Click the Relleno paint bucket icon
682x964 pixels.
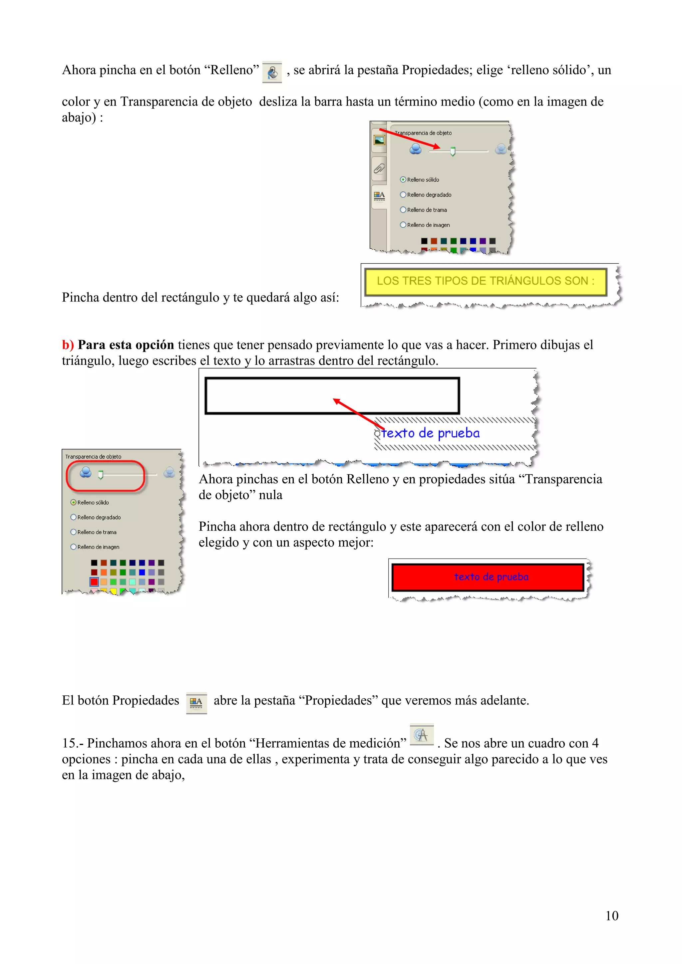[x=272, y=72]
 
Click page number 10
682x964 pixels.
[x=611, y=915]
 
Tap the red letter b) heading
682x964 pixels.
[x=68, y=345]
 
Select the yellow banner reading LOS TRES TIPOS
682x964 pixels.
[x=486, y=281]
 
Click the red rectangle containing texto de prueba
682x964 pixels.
[x=488, y=577]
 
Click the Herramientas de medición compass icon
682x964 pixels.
[x=421, y=735]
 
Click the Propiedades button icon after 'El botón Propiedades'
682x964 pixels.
[x=196, y=702]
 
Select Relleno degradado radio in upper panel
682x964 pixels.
[x=403, y=195]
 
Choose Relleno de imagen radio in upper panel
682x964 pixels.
[x=403, y=225]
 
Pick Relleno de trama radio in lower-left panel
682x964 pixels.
[x=74, y=532]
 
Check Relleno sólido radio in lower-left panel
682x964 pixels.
[x=74, y=503]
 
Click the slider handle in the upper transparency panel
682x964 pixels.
[x=453, y=151]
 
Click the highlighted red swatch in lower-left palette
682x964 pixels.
[x=94, y=582]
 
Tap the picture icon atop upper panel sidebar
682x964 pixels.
[x=379, y=140]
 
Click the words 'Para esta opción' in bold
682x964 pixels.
[x=126, y=345]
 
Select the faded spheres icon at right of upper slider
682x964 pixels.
[x=501, y=149]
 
